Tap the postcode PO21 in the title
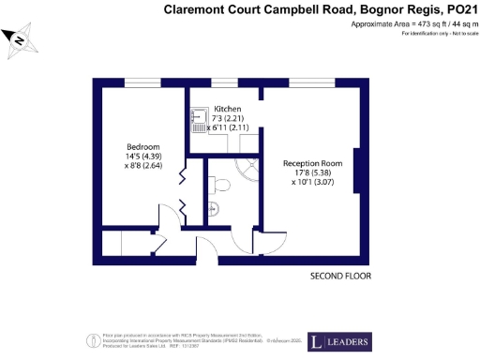click(x=458, y=9)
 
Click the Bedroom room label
click(x=143, y=147)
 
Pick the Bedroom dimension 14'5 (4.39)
click(x=143, y=157)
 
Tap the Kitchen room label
click(x=228, y=109)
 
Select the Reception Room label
click(x=312, y=163)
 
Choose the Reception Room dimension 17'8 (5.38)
click(x=312, y=172)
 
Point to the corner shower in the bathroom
click(x=248, y=169)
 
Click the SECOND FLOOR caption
click(x=340, y=277)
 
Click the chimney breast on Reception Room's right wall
click(x=355, y=172)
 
